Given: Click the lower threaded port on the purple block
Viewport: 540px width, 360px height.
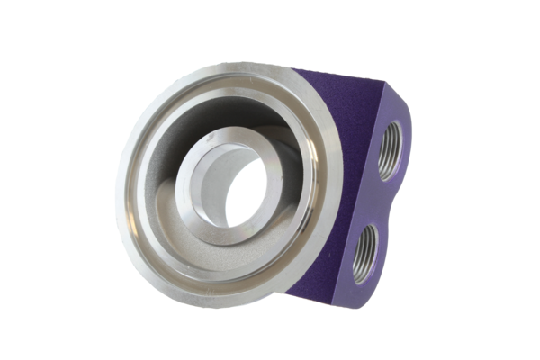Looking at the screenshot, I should (x=368, y=254).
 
